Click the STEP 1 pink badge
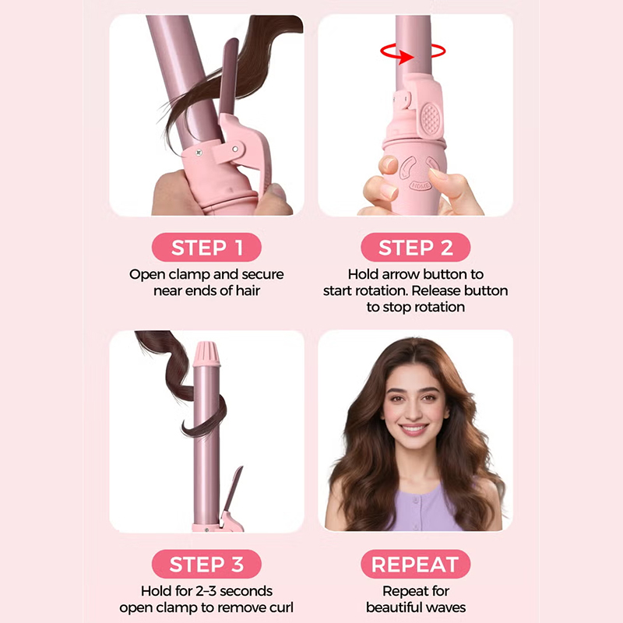(206, 247)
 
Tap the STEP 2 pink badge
(416, 247)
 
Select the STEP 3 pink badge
(206, 564)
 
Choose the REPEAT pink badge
(416, 564)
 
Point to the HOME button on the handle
(420, 185)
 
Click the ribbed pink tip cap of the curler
(206, 354)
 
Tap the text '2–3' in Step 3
(206, 591)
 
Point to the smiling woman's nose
(414, 411)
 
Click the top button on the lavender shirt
(415, 500)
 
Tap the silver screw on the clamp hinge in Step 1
(199, 153)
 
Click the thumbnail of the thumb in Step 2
(388, 164)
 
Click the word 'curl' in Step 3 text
(280, 607)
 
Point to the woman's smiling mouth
(414, 430)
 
